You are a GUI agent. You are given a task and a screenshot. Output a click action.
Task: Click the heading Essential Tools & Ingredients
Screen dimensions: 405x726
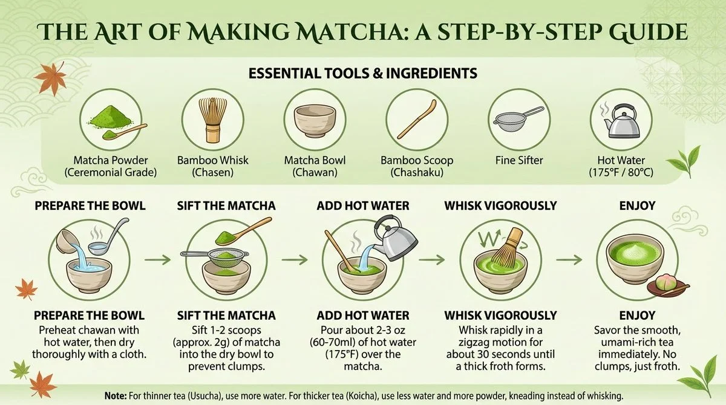(363, 73)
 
